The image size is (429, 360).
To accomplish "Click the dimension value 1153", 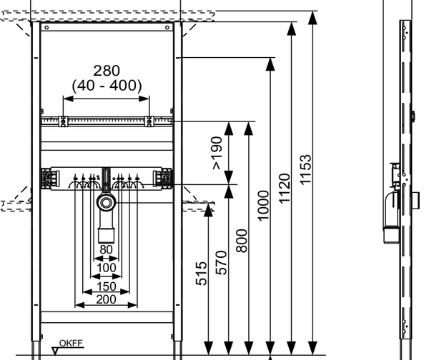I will coord(306,170).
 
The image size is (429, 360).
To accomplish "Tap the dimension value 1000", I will coord(262,206).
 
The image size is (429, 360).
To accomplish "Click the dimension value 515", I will coord(201,273).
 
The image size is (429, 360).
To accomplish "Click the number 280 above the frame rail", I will coord(106,70).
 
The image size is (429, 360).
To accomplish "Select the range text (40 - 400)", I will coord(106,86).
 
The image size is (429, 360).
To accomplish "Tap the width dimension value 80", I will coord(106,250).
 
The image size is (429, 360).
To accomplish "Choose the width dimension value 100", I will coord(106,267).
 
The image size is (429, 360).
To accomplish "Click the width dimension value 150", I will coord(106,286).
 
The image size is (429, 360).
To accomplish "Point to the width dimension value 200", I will coord(106,300).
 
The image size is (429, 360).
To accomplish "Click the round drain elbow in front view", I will coord(106,204).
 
